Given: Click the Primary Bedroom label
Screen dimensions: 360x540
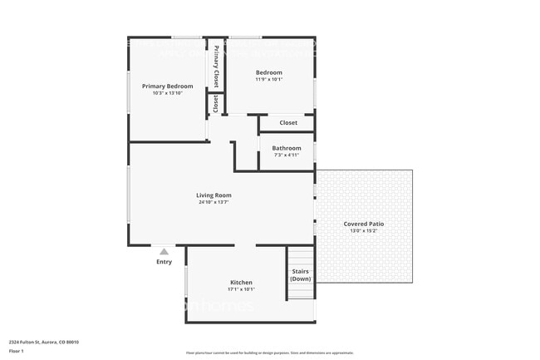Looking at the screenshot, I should (167, 86).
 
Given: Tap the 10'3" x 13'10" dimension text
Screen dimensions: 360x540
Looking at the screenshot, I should (167, 93).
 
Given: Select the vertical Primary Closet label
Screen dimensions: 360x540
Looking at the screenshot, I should (216, 67).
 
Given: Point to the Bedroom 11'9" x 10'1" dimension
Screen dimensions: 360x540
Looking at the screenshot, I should (268, 80).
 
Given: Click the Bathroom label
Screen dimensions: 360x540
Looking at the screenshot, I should (287, 148).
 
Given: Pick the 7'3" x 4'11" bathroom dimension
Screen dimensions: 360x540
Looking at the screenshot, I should (287, 155).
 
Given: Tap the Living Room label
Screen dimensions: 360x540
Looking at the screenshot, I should (214, 195).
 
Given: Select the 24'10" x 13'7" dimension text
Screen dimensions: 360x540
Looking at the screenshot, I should (214, 202).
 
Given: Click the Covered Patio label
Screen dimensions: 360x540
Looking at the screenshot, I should (364, 224).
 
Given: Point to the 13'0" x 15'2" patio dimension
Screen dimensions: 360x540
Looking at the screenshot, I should (364, 230).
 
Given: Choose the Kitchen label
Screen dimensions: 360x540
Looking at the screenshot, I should (241, 283).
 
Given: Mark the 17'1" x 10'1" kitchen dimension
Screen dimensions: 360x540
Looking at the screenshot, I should (241, 289).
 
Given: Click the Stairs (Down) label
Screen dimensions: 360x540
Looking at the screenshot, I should (301, 274).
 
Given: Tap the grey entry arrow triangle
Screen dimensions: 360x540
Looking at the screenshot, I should (164, 251).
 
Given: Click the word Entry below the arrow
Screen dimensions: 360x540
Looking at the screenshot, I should (164, 262).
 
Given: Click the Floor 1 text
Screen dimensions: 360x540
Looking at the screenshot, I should (17, 351).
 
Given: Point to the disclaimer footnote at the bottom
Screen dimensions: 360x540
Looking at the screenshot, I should (269, 353).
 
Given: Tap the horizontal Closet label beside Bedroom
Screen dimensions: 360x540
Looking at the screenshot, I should (288, 123).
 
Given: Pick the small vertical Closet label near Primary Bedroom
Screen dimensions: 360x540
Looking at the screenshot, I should (216, 104).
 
